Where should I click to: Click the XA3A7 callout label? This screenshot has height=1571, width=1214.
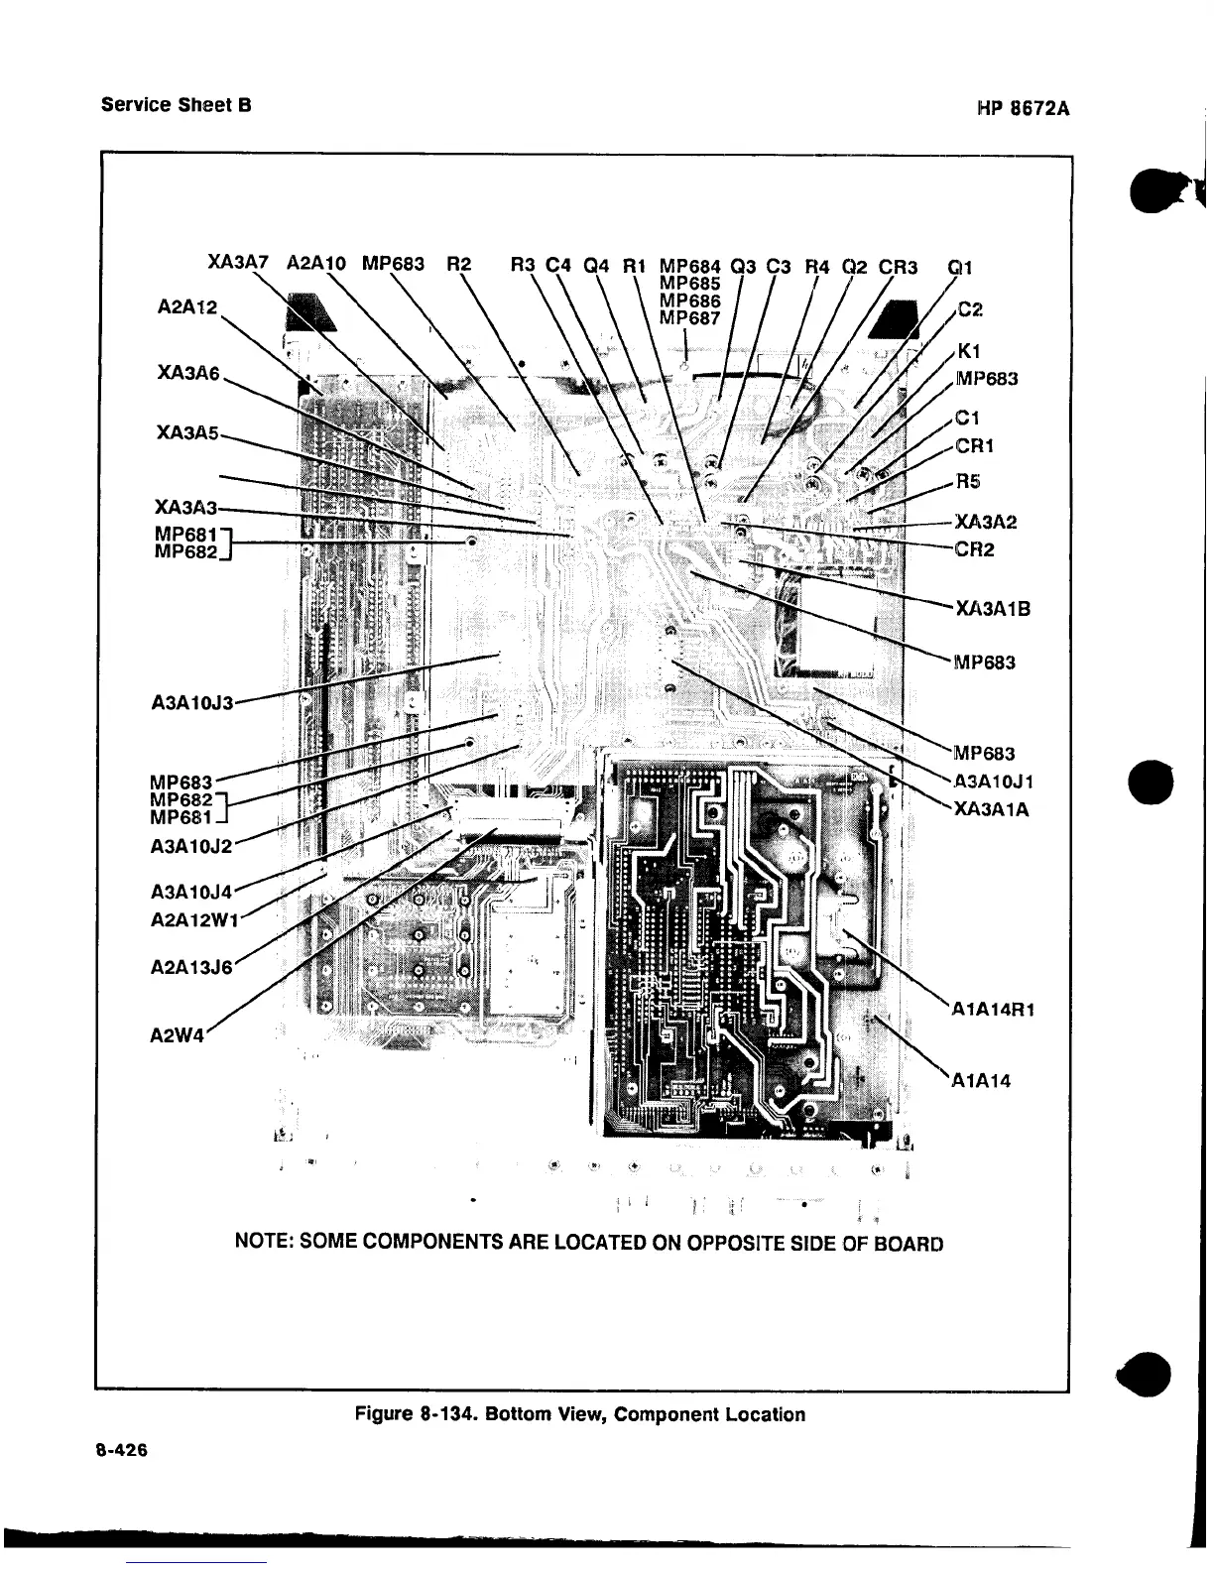click(x=238, y=264)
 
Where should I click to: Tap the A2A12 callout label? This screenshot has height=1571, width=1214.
click(x=186, y=307)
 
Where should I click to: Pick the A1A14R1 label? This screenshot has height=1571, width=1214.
click(x=993, y=1011)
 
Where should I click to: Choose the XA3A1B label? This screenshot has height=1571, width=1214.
click(x=993, y=608)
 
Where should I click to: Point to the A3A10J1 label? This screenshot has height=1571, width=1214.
click(x=991, y=781)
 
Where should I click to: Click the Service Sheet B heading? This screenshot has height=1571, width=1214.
click(x=176, y=103)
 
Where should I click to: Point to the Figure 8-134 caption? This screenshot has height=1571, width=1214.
click(x=579, y=1414)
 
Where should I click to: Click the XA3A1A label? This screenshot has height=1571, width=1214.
click(x=992, y=809)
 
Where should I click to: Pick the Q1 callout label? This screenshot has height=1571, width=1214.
click(x=960, y=266)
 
